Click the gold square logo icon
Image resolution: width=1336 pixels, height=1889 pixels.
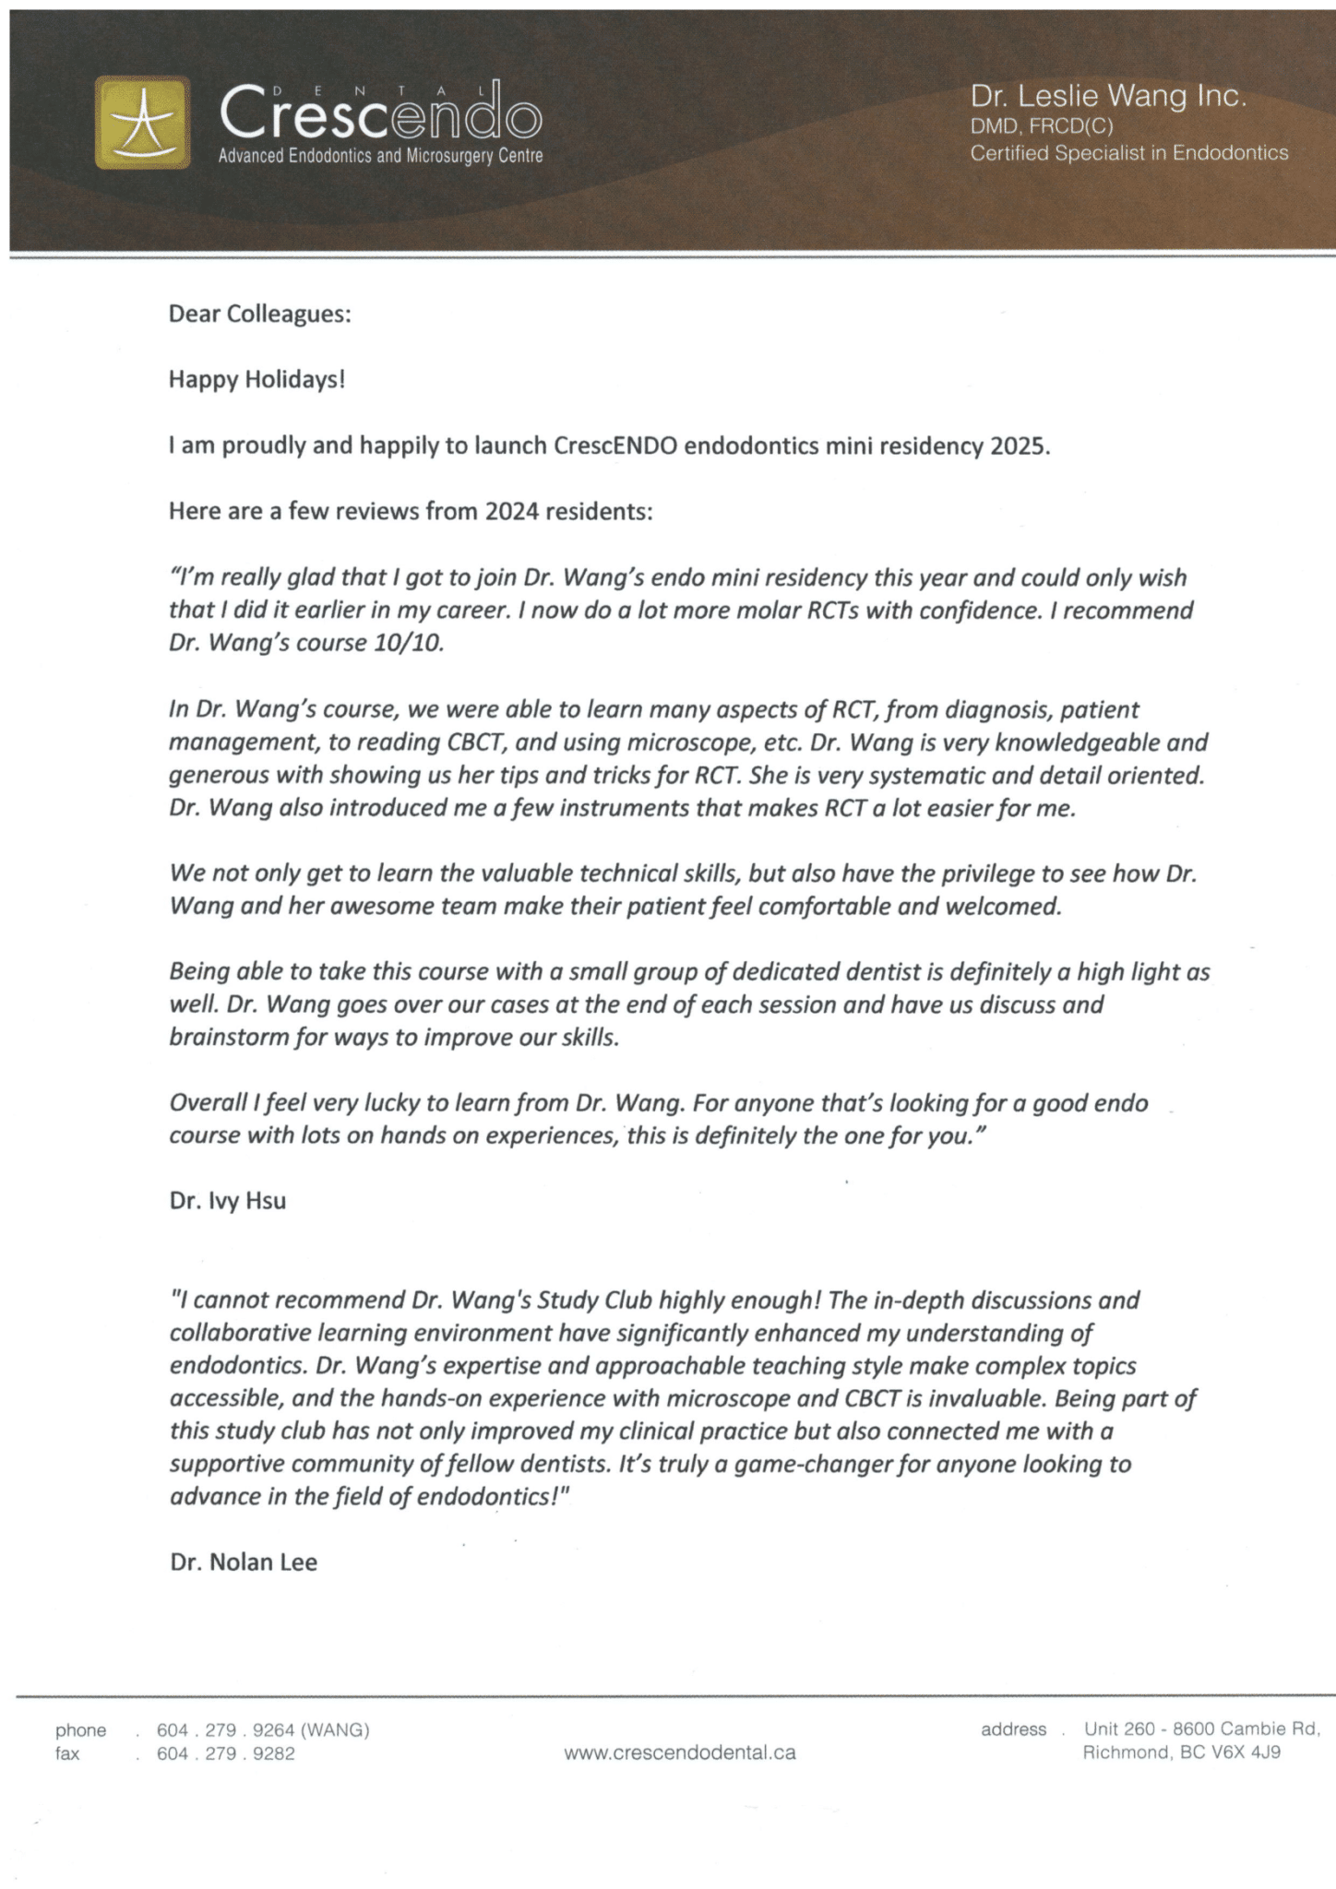[142, 122]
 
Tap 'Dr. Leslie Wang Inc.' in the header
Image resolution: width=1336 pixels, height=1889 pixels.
[1108, 96]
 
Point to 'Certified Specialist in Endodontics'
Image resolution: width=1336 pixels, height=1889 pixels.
[1128, 153]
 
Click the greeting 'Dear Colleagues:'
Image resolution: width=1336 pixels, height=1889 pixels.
[259, 315]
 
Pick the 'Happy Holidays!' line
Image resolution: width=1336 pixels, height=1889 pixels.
[256, 379]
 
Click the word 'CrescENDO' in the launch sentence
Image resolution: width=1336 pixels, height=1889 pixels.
[615, 446]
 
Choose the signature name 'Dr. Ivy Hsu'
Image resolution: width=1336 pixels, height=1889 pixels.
[227, 1201]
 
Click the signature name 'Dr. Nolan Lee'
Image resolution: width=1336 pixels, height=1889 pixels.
[243, 1562]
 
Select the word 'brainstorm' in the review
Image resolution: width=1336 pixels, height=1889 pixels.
[227, 1038]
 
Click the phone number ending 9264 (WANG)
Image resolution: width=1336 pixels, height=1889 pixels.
[263, 1730]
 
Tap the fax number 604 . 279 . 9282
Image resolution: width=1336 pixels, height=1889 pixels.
[225, 1753]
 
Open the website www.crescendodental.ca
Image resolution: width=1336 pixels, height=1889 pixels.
[679, 1752]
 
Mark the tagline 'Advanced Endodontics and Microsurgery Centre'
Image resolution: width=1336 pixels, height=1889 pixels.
[380, 156]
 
